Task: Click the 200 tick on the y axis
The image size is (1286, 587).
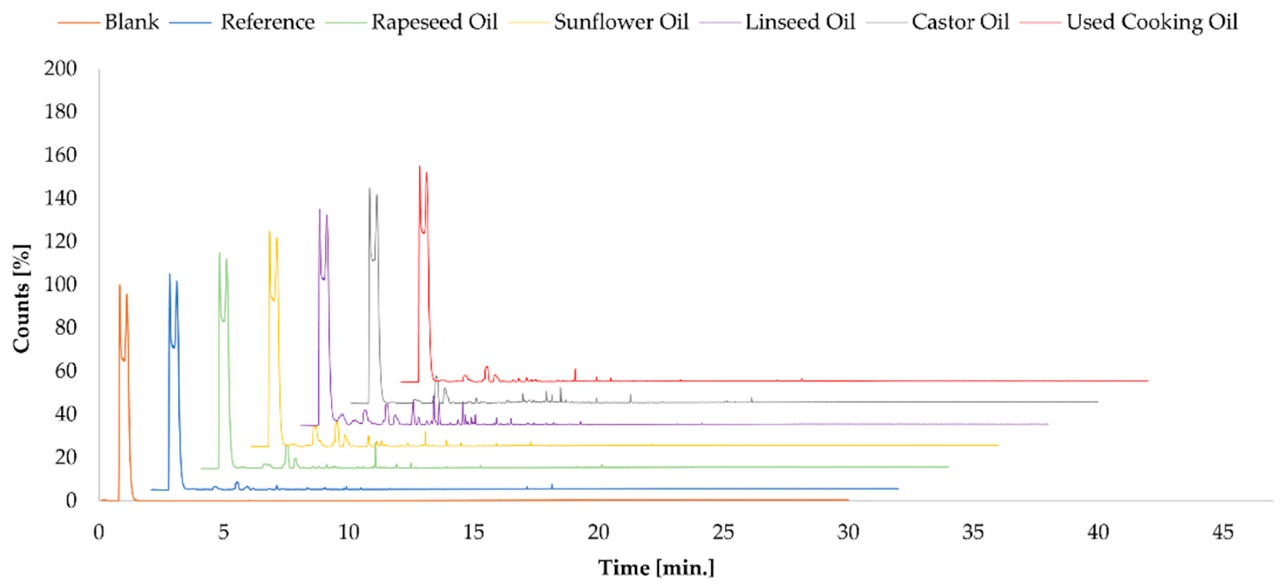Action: (60, 68)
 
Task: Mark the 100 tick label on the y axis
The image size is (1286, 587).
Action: (60, 284)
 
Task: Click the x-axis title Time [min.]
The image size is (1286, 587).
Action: (656, 568)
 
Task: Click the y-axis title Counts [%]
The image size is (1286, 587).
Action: (22, 299)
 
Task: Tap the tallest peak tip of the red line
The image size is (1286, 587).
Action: (419, 167)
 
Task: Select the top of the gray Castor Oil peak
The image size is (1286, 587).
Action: (369, 189)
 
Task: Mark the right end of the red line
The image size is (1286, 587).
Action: (1148, 381)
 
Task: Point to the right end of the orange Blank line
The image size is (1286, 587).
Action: (848, 499)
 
